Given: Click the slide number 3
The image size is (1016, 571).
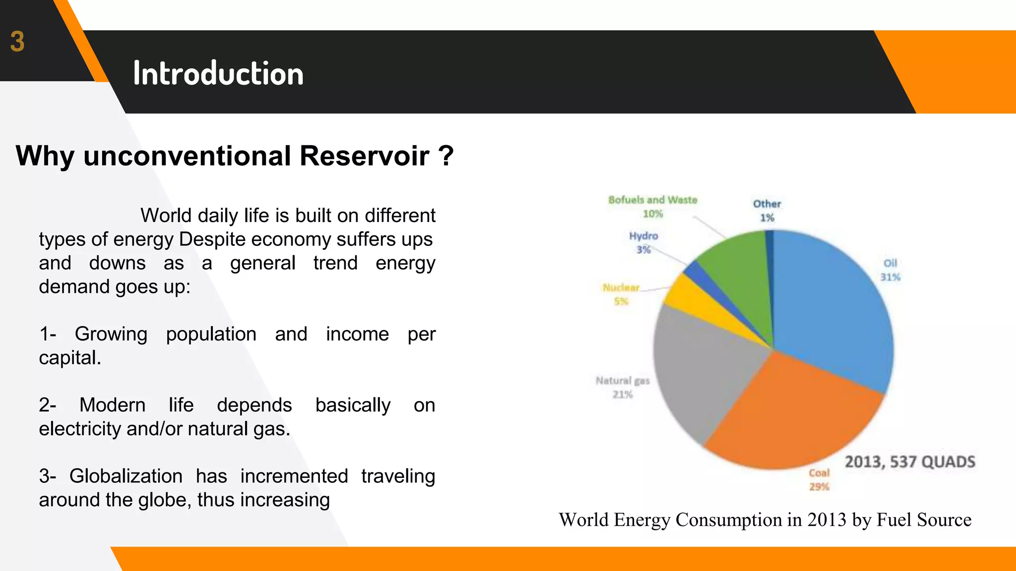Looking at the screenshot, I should point(17,42).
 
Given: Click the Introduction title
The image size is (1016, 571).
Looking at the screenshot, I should point(218,74).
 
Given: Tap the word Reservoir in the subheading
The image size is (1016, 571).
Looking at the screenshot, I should point(364,156).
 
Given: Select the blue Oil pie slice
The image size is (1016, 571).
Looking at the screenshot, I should point(833,312).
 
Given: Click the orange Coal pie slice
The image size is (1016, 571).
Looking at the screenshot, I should point(789,416).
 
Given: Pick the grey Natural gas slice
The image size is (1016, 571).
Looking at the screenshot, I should point(704,367).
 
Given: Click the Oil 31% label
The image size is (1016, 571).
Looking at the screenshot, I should point(890,270).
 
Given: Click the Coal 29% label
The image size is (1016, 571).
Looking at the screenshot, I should point(819,480).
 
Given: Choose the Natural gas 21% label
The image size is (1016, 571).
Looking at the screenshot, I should point(623,387).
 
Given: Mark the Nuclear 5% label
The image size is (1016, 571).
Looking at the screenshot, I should point(621,294).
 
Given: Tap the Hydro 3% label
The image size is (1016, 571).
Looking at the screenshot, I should point(643,242).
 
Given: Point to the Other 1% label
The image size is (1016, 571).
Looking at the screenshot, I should point(767,210).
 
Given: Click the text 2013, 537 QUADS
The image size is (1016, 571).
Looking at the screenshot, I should point(910,462).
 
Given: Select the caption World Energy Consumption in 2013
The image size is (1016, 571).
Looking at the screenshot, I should point(764,519).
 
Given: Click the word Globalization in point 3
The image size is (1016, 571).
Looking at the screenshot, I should point(126,476).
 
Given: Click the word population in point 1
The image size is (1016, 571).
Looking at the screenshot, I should point(211,334).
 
